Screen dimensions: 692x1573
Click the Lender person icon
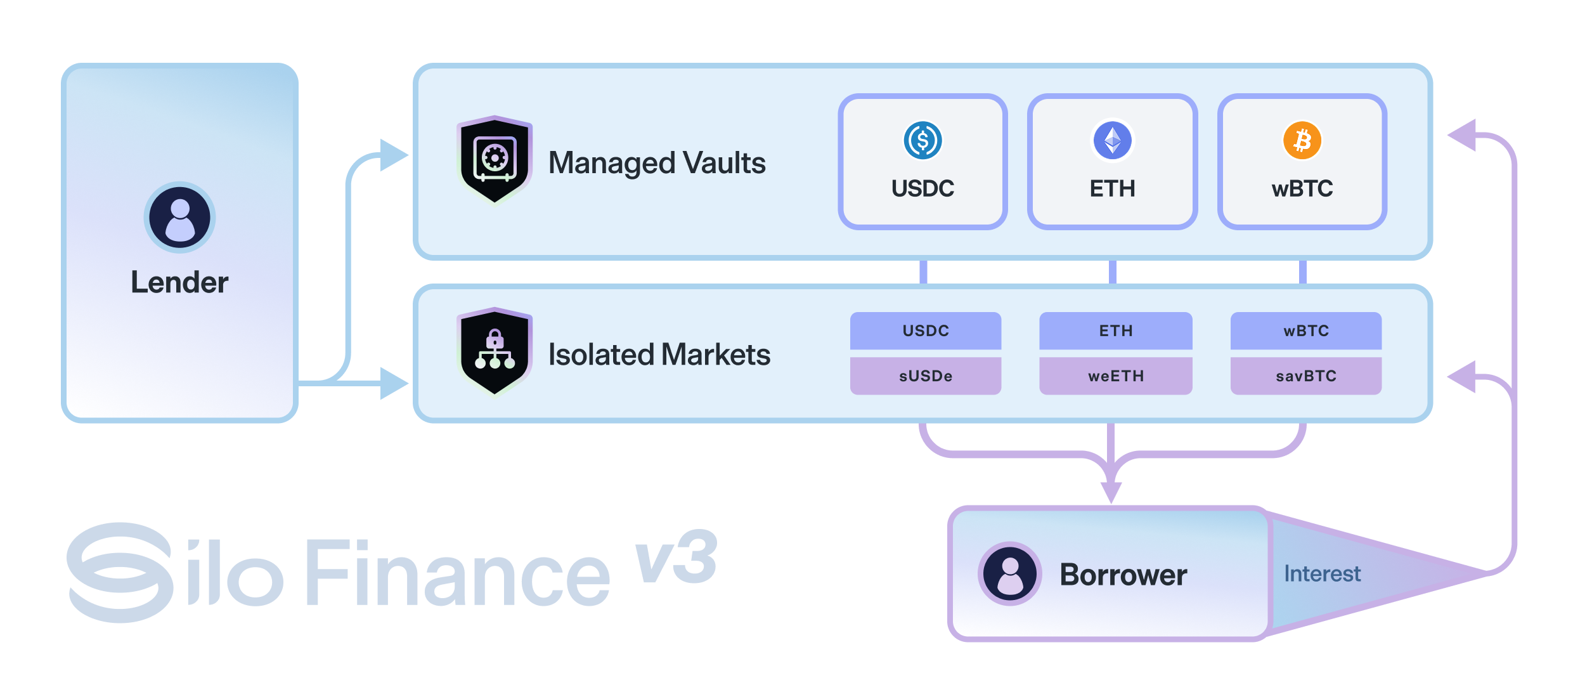tap(179, 218)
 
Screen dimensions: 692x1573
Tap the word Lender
tap(179, 282)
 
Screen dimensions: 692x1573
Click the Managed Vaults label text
tap(657, 163)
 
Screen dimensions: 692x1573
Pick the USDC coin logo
tap(922, 140)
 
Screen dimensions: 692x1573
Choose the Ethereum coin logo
tap(1112, 140)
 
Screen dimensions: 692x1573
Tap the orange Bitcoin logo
tap(1302, 140)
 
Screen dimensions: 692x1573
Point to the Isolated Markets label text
tap(659, 355)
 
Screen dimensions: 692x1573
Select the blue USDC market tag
tap(926, 330)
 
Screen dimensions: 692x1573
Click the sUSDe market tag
tap(926, 376)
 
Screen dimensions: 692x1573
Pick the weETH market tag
tap(1116, 376)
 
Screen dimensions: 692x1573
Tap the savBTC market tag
tap(1306, 376)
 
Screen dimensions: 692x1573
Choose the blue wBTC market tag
tap(1306, 330)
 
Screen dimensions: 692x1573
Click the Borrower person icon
tap(1009, 573)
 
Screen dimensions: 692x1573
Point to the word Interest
tap(1322, 573)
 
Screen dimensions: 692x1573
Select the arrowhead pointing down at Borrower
tap(1111, 492)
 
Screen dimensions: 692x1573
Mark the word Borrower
tap(1123, 575)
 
